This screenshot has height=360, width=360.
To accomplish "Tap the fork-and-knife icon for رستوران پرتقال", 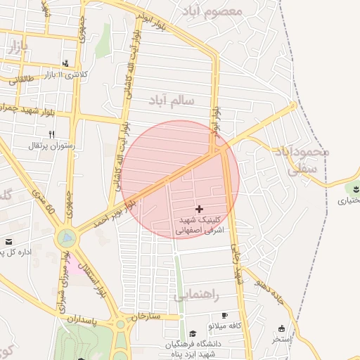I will point(51,134).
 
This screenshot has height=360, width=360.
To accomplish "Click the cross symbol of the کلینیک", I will point(200,208).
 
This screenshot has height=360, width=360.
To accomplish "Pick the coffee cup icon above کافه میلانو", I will point(224,316).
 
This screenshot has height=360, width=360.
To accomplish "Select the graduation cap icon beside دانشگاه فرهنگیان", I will point(193,333).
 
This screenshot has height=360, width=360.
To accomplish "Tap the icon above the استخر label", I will point(282,328).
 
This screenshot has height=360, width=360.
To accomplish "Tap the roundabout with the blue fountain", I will point(66,238).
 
